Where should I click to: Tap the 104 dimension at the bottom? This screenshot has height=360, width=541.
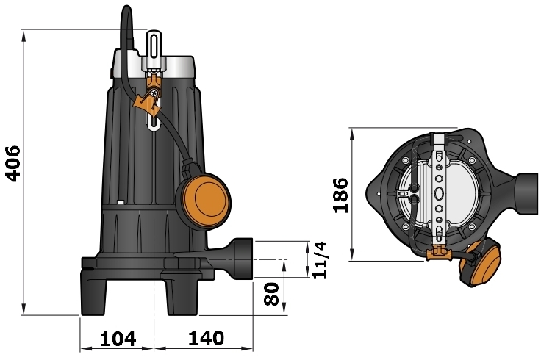pyautogui.click(x=118, y=339)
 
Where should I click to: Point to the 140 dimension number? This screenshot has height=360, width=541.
pyautogui.click(x=206, y=339)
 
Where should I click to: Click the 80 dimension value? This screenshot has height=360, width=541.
pyautogui.click(x=273, y=295)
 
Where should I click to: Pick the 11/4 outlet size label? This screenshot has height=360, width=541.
pyautogui.click(x=319, y=259)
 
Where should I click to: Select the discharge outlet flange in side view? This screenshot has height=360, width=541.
pyautogui.click(x=241, y=259)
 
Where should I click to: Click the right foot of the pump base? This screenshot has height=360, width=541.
pyautogui.click(x=179, y=294)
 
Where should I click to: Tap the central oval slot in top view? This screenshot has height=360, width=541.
pyautogui.click(x=440, y=194)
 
